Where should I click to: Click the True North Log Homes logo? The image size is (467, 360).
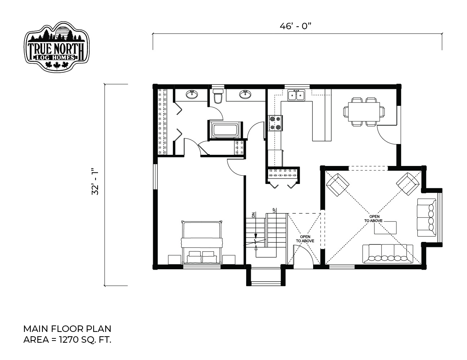point(57,46)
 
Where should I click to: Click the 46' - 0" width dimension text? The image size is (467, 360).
point(295,26)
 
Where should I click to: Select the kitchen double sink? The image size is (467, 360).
point(296,95)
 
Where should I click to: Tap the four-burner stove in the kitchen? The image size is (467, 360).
point(275,123)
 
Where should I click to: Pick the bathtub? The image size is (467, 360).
point(225,130)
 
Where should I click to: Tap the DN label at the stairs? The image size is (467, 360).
point(254,215)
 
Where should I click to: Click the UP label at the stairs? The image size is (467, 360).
point(274,210)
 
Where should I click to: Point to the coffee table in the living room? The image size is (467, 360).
point(385,228)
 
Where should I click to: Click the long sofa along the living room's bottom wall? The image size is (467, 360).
point(388,253)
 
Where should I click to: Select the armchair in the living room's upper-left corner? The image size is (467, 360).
point(338,184)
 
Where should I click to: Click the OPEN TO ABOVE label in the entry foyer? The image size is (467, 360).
point(305,239)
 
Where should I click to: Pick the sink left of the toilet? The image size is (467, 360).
point(192,94)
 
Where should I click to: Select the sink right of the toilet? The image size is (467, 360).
point(245,94)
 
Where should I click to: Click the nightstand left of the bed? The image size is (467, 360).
point(174,260)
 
